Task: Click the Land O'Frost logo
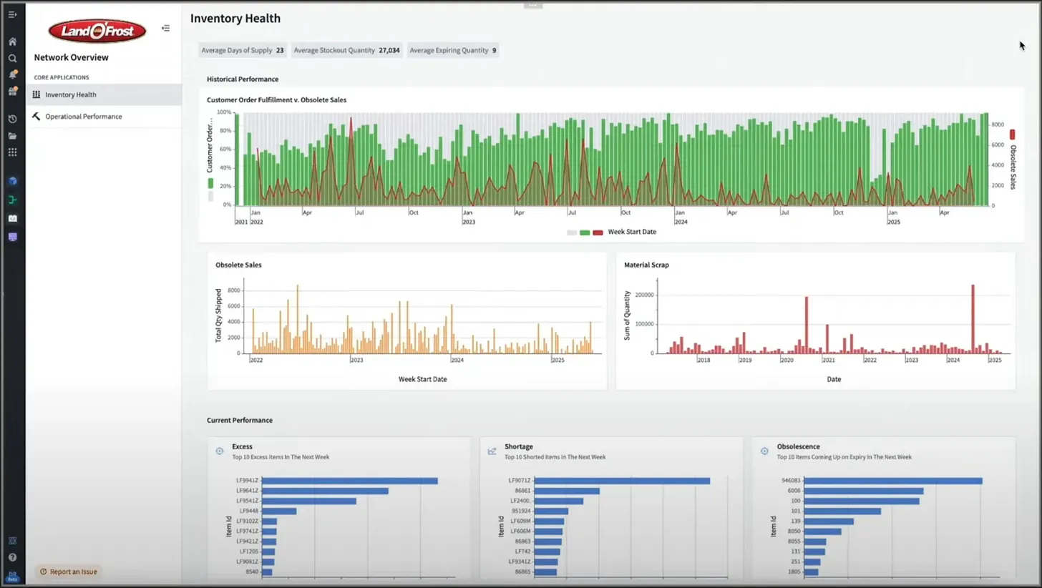pyautogui.click(x=97, y=31)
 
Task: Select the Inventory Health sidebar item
pyautogui.click(x=70, y=94)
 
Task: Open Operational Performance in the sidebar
pyautogui.click(x=83, y=117)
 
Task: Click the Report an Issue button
pyautogui.click(x=69, y=572)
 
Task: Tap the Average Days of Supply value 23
pyautogui.click(x=280, y=51)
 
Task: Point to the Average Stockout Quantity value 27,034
pyautogui.click(x=389, y=51)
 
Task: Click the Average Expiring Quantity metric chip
pyautogui.click(x=453, y=51)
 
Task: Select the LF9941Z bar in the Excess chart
pyautogui.click(x=349, y=481)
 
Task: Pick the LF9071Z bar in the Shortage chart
pyautogui.click(x=622, y=481)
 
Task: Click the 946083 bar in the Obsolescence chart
pyautogui.click(x=893, y=481)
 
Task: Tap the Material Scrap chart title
pyautogui.click(x=646, y=265)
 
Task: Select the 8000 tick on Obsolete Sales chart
pyautogui.click(x=233, y=290)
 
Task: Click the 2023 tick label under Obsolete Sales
pyautogui.click(x=356, y=360)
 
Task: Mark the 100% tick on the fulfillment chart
pyautogui.click(x=223, y=112)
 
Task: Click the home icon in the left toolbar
pyautogui.click(x=12, y=41)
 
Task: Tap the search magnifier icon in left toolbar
pyautogui.click(x=12, y=58)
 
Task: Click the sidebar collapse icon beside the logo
pyautogui.click(x=165, y=29)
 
